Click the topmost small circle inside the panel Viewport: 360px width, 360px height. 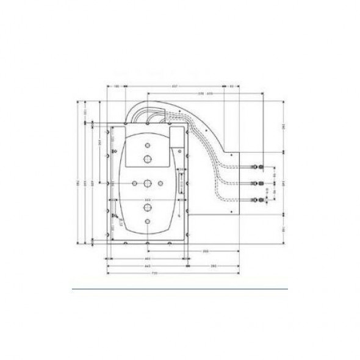pyautogui.click(x=147, y=146)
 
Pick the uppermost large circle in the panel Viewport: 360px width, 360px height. pyautogui.click(x=147, y=159)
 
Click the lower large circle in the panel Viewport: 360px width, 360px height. pyautogui.click(x=147, y=207)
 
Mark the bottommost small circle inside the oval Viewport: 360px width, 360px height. pyautogui.click(x=147, y=220)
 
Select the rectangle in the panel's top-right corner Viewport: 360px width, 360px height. pyautogui.click(x=176, y=139)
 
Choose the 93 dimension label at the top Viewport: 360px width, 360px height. pyautogui.click(x=232, y=87)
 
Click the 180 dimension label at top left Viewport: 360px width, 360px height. pyautogui.click(x=117, y=87)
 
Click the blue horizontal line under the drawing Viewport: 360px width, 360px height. pyautogui.click(x=180, y=286)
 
